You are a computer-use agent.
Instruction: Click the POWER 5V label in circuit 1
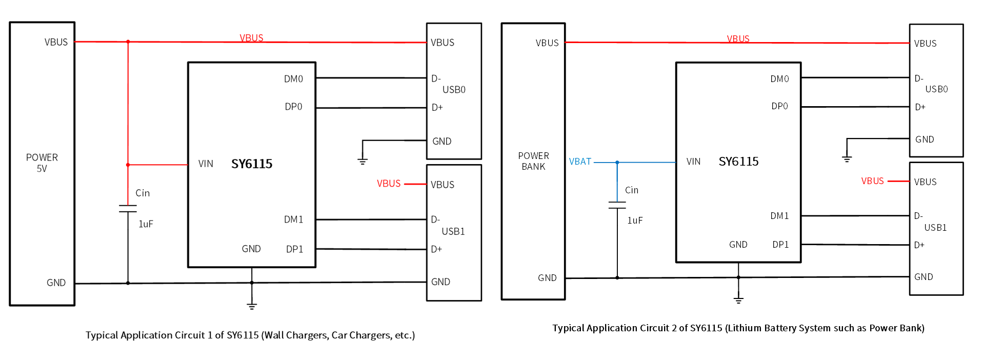pos(42,163)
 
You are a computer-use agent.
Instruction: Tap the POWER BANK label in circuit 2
pos(533,161)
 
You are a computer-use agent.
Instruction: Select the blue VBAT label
pos(580,162)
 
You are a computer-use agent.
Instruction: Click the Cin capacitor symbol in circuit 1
pos(128,209)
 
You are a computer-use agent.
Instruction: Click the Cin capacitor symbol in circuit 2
pos(617,205)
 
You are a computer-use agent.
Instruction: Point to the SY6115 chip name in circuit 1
pos(252,164)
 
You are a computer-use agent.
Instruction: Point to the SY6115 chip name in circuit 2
pos(738,162)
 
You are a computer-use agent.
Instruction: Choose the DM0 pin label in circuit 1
pos(293,79)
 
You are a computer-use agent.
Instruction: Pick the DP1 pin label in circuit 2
pos(780,245)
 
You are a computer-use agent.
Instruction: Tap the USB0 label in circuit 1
pos(454,90)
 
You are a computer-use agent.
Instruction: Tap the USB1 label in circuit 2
pos(935,228)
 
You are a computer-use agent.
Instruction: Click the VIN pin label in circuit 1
pos(206,164)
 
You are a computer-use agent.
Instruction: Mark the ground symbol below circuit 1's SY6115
pos(252,305)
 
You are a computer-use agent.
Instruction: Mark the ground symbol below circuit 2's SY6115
pos(738,299)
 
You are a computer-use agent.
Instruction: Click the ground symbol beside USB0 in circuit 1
pos(363,161)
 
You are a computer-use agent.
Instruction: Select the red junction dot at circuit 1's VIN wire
pos(128,165)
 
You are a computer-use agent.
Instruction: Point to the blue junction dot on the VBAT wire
pos(617,163)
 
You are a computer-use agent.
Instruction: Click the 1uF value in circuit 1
pos(146,224)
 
